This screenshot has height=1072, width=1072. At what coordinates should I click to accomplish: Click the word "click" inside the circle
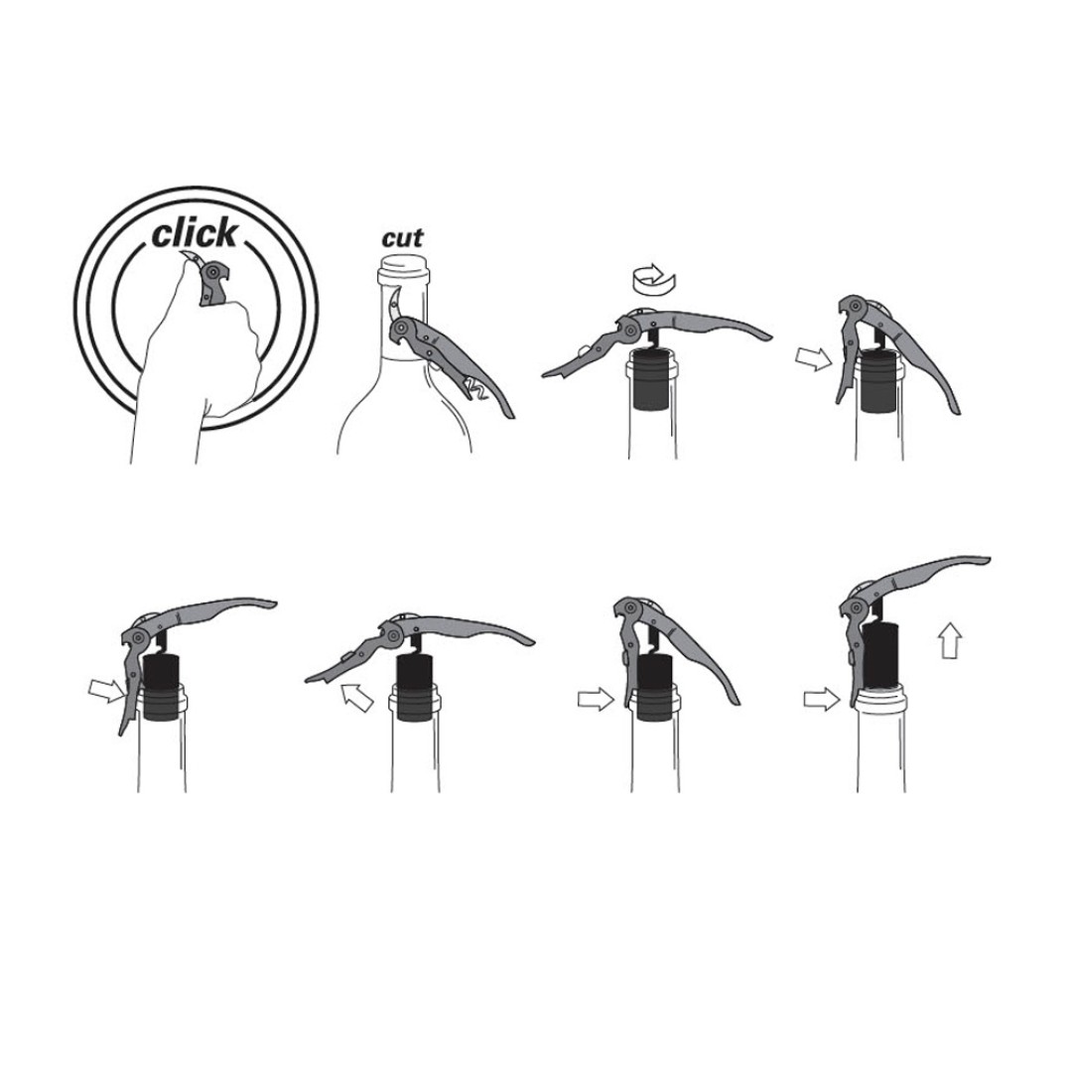click(x=195, y=234)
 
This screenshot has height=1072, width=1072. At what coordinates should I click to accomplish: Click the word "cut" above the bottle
click(x=403, y=238)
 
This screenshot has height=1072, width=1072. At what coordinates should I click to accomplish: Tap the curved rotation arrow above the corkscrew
click(x=653, y=277)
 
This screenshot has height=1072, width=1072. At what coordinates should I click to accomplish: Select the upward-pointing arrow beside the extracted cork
click(x=950, y=640)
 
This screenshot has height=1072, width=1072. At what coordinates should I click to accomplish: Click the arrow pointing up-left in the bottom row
click(x=356, y=696)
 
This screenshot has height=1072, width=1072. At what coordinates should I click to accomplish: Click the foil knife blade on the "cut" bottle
click(x=394, y=305)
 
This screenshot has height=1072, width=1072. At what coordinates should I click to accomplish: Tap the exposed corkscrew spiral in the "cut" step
click(x=477, y=390)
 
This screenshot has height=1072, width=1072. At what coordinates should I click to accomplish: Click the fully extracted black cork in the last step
click(x=884, y=655)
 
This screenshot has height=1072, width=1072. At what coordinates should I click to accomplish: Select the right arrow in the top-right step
click(x=814, y=357)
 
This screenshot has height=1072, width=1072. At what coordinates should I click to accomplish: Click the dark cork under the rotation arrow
click(x=652, y=379)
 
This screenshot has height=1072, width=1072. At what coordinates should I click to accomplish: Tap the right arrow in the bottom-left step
click(x=107, y=691)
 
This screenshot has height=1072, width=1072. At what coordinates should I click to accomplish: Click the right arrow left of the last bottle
click(x=821, y=699)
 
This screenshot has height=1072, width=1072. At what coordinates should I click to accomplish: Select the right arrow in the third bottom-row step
click(x=596, y=699)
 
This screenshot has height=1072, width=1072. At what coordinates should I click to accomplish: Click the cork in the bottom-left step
click(x=163, y=687)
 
